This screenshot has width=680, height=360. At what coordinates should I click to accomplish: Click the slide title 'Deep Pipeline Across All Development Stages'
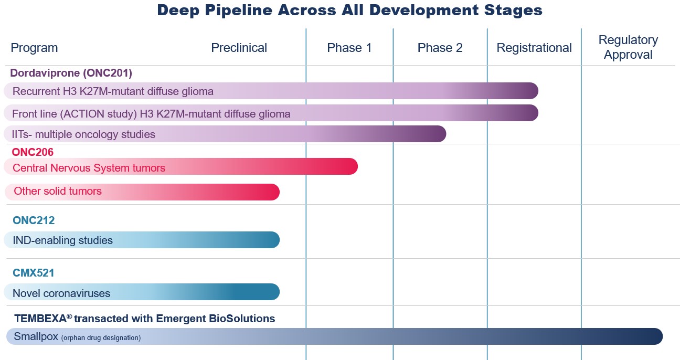point(349,10)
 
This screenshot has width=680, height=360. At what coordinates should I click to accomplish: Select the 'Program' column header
point(34,48)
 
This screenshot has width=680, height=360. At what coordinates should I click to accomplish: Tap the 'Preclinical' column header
point(239,48)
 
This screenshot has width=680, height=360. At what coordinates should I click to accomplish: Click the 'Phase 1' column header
point(349,48)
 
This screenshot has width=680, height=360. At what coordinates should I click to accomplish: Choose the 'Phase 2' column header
point(440,48)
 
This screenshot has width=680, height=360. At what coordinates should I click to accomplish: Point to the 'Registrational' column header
point(534,48)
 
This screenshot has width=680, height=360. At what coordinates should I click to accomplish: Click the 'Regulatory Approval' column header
point(628,47)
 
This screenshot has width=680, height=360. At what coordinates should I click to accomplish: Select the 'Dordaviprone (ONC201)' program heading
point(71,73)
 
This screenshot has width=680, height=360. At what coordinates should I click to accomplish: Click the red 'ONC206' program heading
point(33,152)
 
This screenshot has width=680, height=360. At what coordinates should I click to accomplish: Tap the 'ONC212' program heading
point(33,220)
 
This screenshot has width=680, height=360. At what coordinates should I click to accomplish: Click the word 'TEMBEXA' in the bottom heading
point(40,319)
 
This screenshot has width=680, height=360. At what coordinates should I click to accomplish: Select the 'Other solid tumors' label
point(58,191)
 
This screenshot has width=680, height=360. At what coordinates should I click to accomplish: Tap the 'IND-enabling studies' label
point(62,240)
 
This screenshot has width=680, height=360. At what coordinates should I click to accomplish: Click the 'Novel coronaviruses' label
point(61,293)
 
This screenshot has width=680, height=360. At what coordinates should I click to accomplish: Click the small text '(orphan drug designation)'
point(101,338)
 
